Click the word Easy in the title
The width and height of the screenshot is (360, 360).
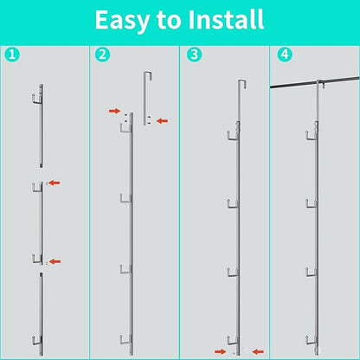click(x=122, y=21)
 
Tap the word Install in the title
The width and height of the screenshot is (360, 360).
click(x=226, y=19)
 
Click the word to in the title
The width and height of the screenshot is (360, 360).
click(x=169, y=20)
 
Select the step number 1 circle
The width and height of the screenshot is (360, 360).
click(x=12, y=55)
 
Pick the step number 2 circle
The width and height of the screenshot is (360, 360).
click(x=102, y=55)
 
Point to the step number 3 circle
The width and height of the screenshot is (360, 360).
click(x=194, y=55)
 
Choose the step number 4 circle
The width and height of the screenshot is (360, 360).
click(x=285, y=55)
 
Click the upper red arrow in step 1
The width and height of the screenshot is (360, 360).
click(x=55, y=183)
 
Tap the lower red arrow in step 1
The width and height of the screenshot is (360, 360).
click(x=55, y=261)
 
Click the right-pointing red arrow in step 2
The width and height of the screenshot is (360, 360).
click(x=114, y=111)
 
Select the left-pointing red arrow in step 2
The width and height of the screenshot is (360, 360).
click(x=162, y=121)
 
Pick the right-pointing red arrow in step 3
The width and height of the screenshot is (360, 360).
click(x=221, y=351)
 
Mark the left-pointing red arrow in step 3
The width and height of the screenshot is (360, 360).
click(x=258, y=351)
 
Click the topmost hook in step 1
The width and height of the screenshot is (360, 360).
click(x=37, y=99)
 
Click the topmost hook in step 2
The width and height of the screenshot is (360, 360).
click(x=125, y=129)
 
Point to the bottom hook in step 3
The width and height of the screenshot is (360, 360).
click(x=233, y=341)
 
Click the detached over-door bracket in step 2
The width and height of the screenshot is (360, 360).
click(x=145, y=98)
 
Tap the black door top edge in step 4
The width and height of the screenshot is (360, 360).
click(x=315, y=83)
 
